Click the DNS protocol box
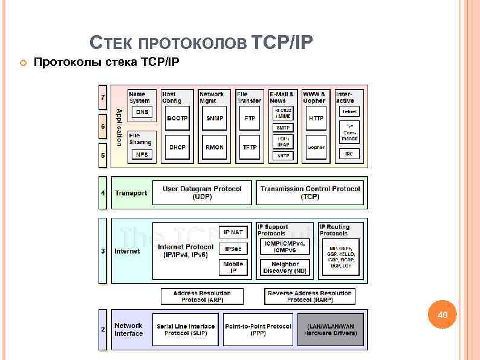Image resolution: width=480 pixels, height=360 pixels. (x=142, y=112)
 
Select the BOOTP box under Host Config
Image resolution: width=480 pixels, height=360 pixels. (x=177, y=119)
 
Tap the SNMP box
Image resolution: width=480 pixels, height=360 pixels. (x=214, y=119)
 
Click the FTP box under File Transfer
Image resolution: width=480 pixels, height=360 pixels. (x=250, y=119)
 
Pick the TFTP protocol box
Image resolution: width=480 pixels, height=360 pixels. (x=250, y=147)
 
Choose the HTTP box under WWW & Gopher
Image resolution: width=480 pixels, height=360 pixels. (x=316, y=119)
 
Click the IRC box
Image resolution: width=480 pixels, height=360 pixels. (x=349, y=154)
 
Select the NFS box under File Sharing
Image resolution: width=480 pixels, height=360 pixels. (x=142, y=154)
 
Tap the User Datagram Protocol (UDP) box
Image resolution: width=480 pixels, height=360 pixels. (x=202, y=192)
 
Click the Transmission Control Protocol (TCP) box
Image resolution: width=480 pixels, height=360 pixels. (x=310, y=192)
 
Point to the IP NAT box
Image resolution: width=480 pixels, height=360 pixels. (x=233, y=232)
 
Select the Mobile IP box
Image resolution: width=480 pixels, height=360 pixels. (x=233, y=267)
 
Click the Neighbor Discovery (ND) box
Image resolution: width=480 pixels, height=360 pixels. (x=285, y=267)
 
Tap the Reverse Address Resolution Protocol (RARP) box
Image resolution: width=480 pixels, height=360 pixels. (x=310, y=296)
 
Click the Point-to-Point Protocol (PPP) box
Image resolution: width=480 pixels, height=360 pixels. (x=258, y=330)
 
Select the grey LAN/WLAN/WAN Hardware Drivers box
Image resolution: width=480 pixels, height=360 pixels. (x=329, y=330)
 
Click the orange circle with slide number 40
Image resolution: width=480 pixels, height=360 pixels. (x=443, y=315)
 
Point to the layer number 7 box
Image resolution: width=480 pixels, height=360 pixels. (x=103, y=97)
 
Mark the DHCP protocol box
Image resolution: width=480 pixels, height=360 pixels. (x=177, y=147)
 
